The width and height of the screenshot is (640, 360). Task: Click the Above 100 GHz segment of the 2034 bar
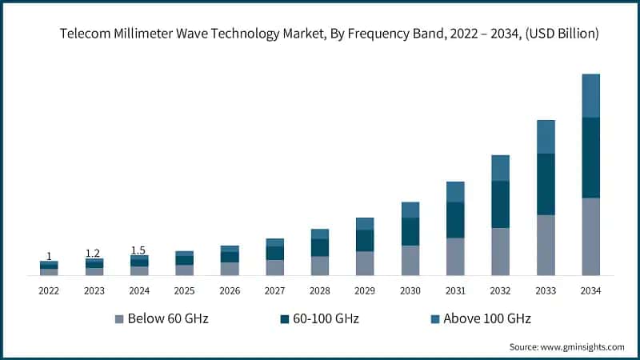590,96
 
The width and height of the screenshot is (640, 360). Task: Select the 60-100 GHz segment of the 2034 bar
590,158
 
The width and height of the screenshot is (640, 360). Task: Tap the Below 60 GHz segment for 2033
546,245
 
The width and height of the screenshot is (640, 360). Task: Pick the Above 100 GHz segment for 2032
500,168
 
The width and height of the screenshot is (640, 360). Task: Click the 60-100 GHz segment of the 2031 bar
455,220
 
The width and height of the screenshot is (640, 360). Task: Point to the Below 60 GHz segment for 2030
410,260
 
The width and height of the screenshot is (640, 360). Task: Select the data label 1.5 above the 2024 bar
138,250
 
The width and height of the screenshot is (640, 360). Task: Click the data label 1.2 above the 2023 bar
93,254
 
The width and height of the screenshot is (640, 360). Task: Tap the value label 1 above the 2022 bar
49,256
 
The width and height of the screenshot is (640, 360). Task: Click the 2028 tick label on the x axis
319,290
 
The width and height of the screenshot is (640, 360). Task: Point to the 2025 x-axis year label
184,290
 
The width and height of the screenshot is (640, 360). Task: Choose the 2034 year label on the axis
590,290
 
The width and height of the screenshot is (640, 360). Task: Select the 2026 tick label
229,290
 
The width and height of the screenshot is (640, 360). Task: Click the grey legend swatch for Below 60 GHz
119,319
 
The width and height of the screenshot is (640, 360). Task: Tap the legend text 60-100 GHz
326,319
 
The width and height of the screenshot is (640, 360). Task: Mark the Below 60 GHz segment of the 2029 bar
365,263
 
